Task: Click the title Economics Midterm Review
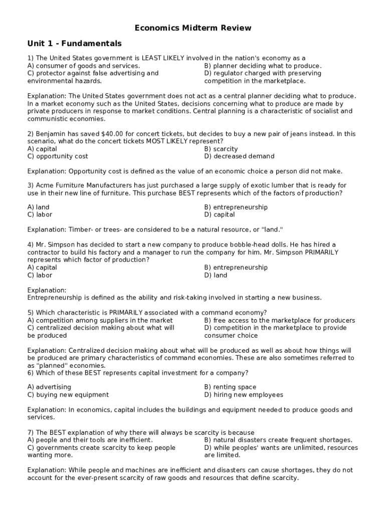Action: (x=193, y=28)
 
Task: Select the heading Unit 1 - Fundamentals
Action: (x=74, y=44)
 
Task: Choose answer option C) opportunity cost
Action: (x=58, y=156)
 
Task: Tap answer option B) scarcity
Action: (x=221, y=149)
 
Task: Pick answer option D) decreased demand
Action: (x=239, y=156)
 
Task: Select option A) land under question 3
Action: (x=39, y=207)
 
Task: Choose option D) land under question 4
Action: (x=216, y=275)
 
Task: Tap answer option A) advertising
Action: (x=49, y=387)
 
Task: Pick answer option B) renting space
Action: (x=230, y=387)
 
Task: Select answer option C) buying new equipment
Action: (x=68, y=395)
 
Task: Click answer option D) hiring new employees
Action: (x=244, y=395)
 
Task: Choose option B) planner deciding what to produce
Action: (x=263, y=66)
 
